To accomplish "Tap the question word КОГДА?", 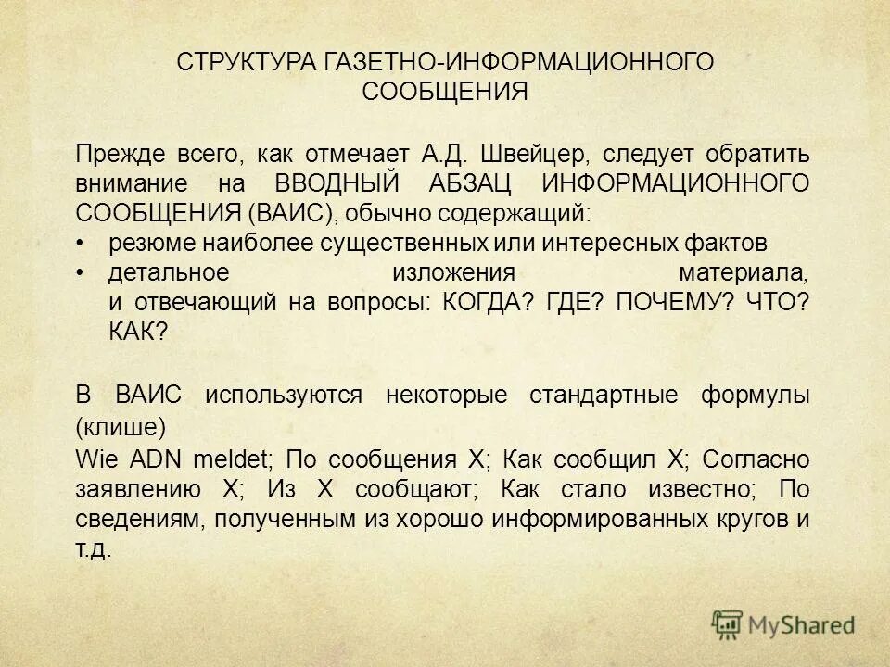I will (485, 303).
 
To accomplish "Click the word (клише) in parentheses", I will (121, 427).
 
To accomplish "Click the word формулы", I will (756, 396).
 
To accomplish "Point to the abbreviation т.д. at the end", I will (94, 548).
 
